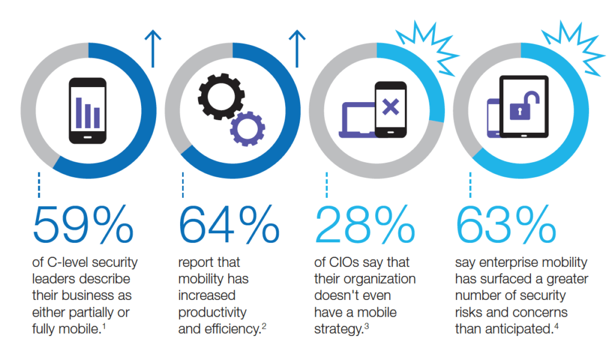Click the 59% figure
83,223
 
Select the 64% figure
229,223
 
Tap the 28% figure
365,223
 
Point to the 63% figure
506,223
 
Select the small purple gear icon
246,128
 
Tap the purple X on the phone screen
390,108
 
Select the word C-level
76,263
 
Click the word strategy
338,329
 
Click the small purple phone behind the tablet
493,116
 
